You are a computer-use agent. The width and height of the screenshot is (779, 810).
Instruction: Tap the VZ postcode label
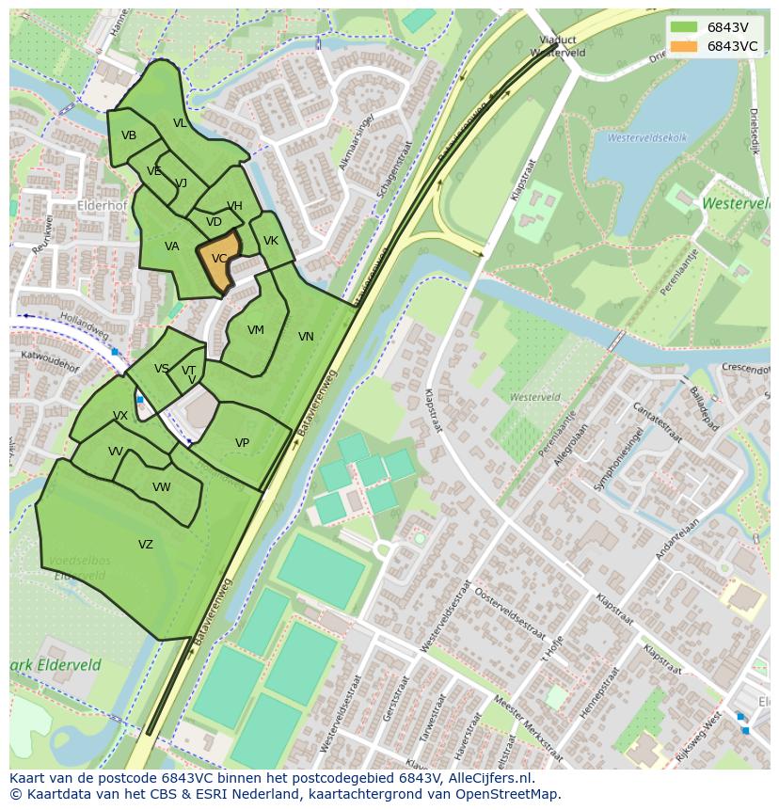point(145,545)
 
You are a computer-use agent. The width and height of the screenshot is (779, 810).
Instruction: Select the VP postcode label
point(242,443)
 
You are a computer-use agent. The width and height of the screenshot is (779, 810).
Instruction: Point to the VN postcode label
point(306,337)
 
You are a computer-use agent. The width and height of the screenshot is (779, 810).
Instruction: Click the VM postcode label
point(255,330)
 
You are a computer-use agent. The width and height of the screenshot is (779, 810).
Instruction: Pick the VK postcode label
point(271,241)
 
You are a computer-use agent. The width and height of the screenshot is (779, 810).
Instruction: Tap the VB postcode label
point(129,135)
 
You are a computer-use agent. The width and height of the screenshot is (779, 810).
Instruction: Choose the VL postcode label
point(180,123)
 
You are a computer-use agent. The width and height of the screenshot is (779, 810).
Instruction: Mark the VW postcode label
point(162,487)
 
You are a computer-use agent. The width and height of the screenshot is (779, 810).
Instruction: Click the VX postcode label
point(120,416)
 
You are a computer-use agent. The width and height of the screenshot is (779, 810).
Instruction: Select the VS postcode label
point(162,369)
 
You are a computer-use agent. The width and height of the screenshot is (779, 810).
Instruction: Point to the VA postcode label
point(171,246)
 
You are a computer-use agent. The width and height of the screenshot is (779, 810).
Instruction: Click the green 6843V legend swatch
point(684,27)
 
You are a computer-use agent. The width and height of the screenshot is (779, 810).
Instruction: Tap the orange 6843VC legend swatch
point(684,46)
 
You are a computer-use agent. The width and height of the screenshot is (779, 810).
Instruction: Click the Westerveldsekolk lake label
point(647,138)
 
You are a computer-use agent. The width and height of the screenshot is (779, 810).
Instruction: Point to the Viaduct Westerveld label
point(557,46)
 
